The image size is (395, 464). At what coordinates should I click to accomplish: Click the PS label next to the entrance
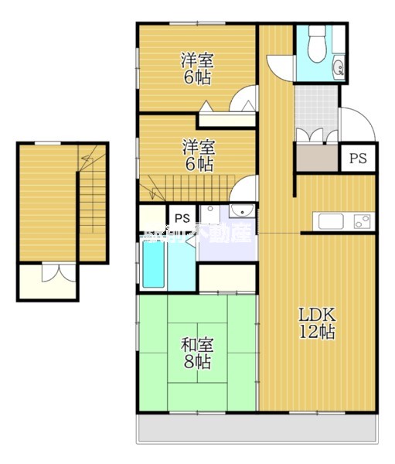(x=357, y=159)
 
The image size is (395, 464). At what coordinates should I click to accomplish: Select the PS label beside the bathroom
(x=182, y=217)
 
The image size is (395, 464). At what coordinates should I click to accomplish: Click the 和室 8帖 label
(x=198, y=353)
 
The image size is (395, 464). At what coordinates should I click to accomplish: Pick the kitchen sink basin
(x=331, y=221)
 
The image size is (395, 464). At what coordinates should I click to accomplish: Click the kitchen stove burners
(x=362, y=221)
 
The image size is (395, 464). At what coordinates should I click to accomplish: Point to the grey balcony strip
(x=259, y=428)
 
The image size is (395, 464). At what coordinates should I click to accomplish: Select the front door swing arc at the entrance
(x=352, y=124)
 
